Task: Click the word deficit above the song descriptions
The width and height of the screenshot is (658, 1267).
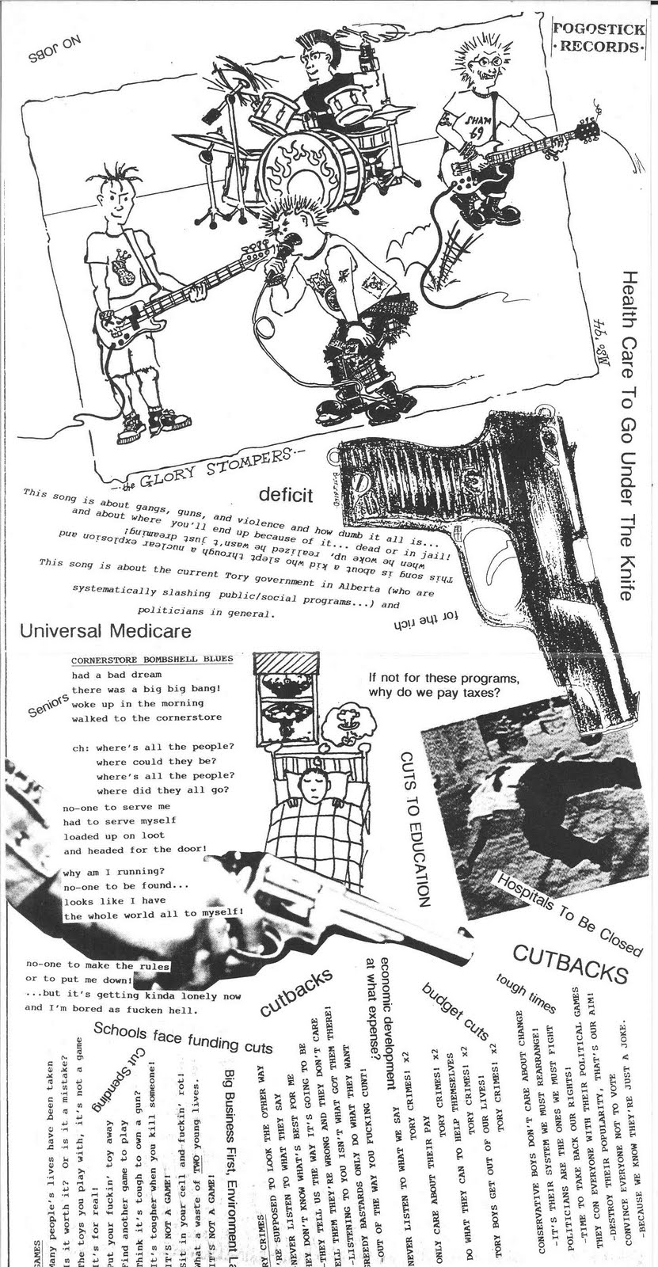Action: pyautogui.click(x=286, y=496)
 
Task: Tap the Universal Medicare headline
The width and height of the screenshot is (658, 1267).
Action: pyautogui.click(x=105, y=631)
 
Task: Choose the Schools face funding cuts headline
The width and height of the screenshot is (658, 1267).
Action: pyautogui.click(x=183, y=1038)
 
